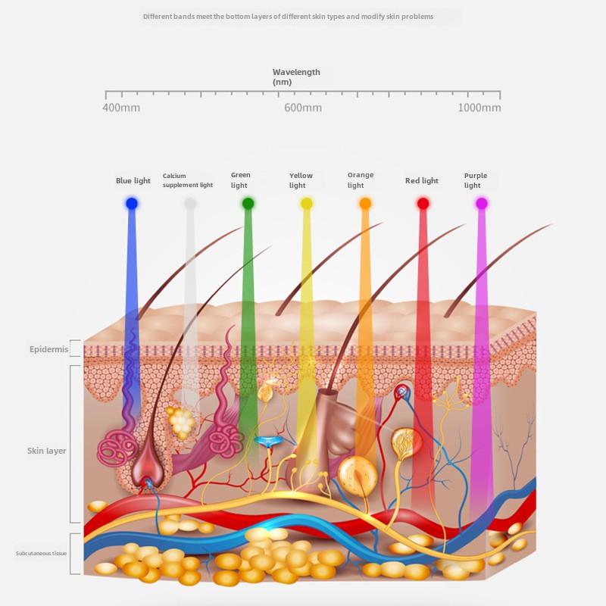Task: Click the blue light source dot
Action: [132, 203]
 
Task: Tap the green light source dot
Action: [248, 203]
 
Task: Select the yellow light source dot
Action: [306, 203]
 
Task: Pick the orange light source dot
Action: [365, 203]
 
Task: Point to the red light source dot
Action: [423, 203]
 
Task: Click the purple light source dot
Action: [481, 203]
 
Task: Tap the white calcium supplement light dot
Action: [190, 203]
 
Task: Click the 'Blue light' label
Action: [133, 181]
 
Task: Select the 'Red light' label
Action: [422, 181]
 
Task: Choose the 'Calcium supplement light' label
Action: [188, 180]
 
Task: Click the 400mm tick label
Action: [121, 108]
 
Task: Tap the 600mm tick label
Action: [303, 108]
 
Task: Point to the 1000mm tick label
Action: [479, 108]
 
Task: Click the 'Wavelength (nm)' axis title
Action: [296, 77]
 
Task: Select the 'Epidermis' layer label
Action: [48, 349]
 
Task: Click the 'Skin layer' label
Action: [47, 451]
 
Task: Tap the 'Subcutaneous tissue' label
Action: [42, 554]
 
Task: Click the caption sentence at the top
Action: [288, 17]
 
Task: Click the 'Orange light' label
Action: [361, 180]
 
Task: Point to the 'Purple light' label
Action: [476, 180]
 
